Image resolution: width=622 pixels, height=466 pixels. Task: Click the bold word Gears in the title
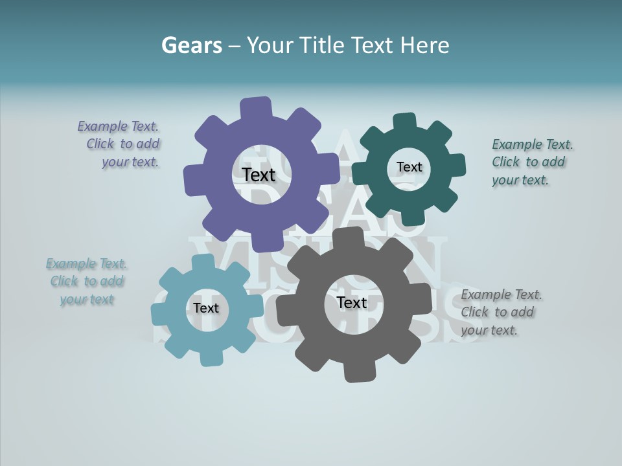pyautogui.click(x=190, y=45)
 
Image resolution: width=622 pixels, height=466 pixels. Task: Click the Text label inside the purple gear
pyautogui.click(x=259, y=175)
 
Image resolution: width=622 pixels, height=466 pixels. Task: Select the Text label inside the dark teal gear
pyautogui.click(x=409, y=167)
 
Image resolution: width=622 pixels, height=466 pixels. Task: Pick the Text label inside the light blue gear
pyautogui.click(x=205, y=308)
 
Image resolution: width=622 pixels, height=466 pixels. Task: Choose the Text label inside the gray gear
pyautogui.click(x=351, y=303)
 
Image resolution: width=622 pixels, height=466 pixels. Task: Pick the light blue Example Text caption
pyautogui.click(x=86, y=282)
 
